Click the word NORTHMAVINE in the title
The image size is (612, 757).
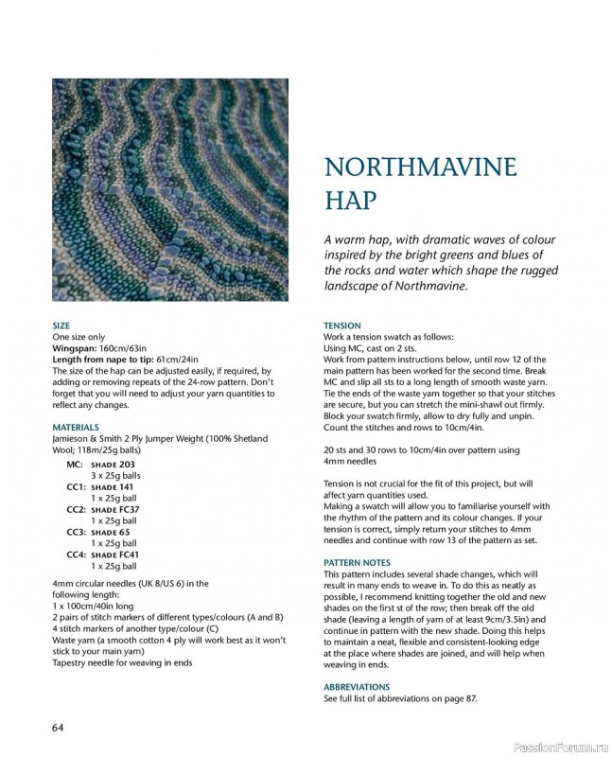tap(420, 167)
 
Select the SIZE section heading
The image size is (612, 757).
tap(61, 326)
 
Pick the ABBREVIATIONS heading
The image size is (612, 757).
tap(357, 687)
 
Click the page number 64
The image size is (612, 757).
tap(58, 727)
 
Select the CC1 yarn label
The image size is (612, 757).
tap(76, 486)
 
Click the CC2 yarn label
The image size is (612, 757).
tap(76, 509)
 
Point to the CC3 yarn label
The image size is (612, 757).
tap(76, 532)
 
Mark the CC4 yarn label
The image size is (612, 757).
tap(76, 555)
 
